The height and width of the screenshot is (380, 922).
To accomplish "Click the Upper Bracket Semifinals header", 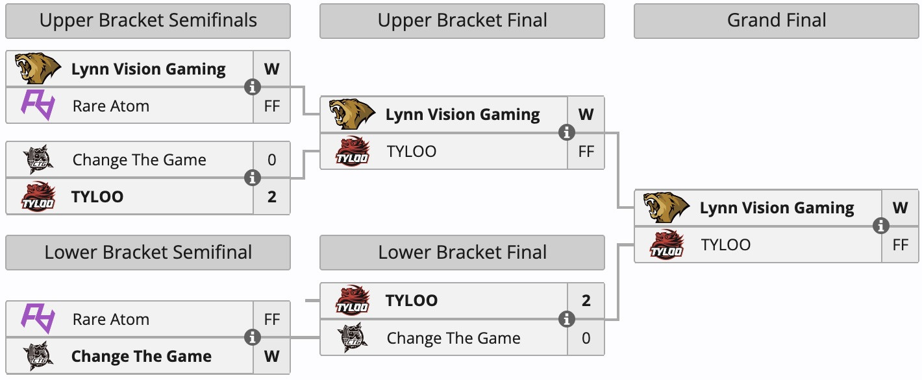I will (x=148, y=21).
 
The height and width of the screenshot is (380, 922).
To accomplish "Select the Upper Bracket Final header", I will (x=462, y=21).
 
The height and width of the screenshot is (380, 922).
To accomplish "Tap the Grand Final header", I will (x=777, y=21).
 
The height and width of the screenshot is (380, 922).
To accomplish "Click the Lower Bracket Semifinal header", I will (x=148, y=252).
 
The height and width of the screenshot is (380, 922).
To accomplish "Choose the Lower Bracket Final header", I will (x=462, y=252).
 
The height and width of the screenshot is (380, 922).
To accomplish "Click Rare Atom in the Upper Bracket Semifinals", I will (x=111, y=106).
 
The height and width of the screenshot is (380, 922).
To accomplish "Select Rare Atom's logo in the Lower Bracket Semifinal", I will (x=38, y=319).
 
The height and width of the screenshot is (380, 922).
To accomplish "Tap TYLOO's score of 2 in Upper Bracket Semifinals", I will (x=271, y=196).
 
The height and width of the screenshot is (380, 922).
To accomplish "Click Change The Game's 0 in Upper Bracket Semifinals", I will (x=271, y=160).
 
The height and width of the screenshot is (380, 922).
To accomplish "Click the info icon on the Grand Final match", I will (x=881, y=226).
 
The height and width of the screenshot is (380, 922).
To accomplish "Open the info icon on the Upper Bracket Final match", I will (x=567, y=133).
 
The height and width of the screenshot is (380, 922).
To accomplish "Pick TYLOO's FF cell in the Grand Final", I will (x=900, y=244).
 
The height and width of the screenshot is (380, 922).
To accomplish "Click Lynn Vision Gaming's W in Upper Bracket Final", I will (x=586, y=115).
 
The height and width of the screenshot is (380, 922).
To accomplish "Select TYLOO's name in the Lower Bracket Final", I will (x=412, y=300).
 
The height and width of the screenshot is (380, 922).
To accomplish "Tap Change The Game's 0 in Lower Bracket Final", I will (x=586, y=338).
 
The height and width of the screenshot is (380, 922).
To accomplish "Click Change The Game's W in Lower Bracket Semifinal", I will (x=271, y=356).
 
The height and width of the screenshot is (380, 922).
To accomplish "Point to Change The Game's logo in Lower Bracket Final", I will (x=353, y=338).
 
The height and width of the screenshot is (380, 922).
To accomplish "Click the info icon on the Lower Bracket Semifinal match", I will (x=252, y=337).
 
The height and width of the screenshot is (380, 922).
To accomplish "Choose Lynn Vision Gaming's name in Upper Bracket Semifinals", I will (x=148, y=69).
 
